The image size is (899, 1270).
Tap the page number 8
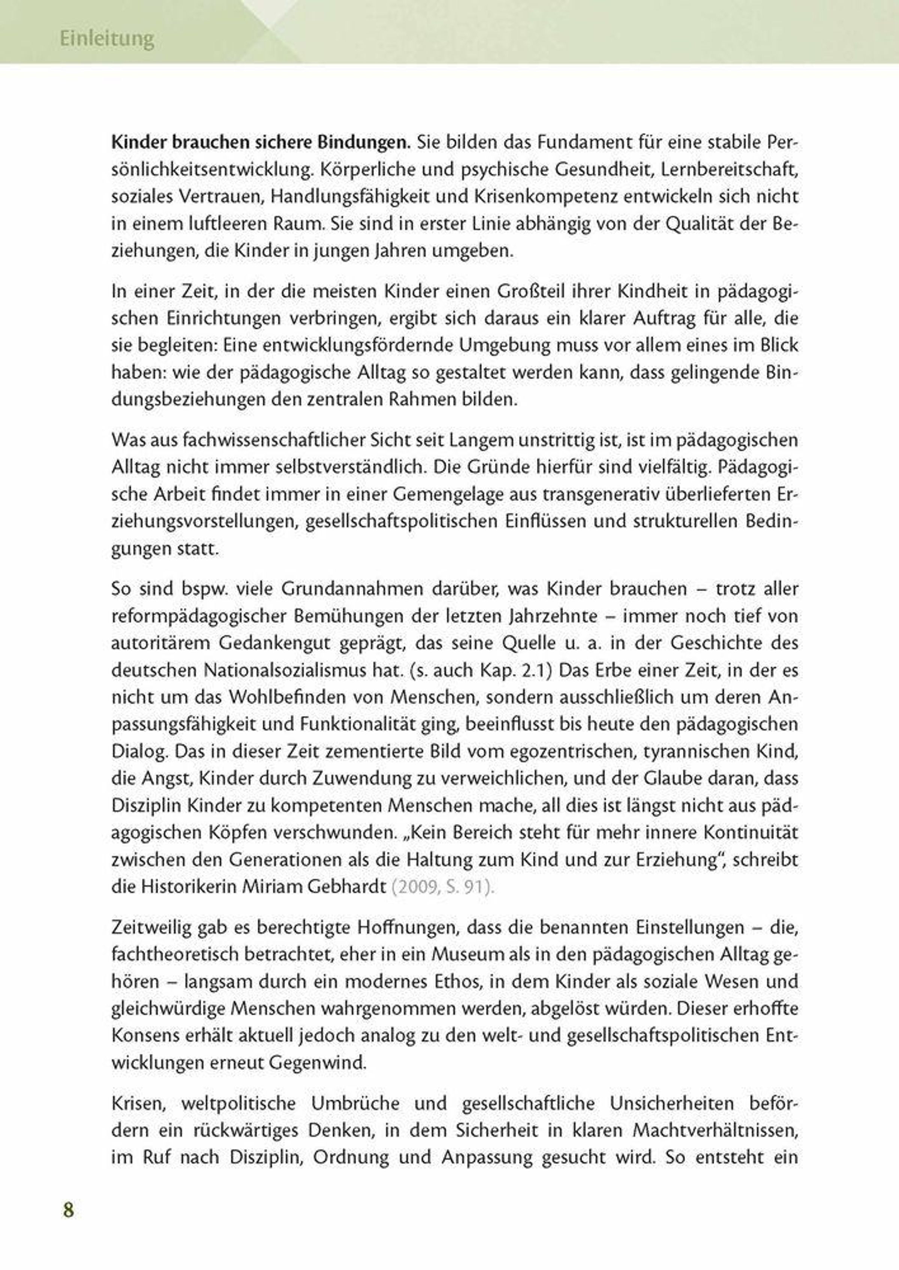point(68,1210)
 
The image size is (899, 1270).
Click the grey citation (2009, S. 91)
point(442,886)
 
